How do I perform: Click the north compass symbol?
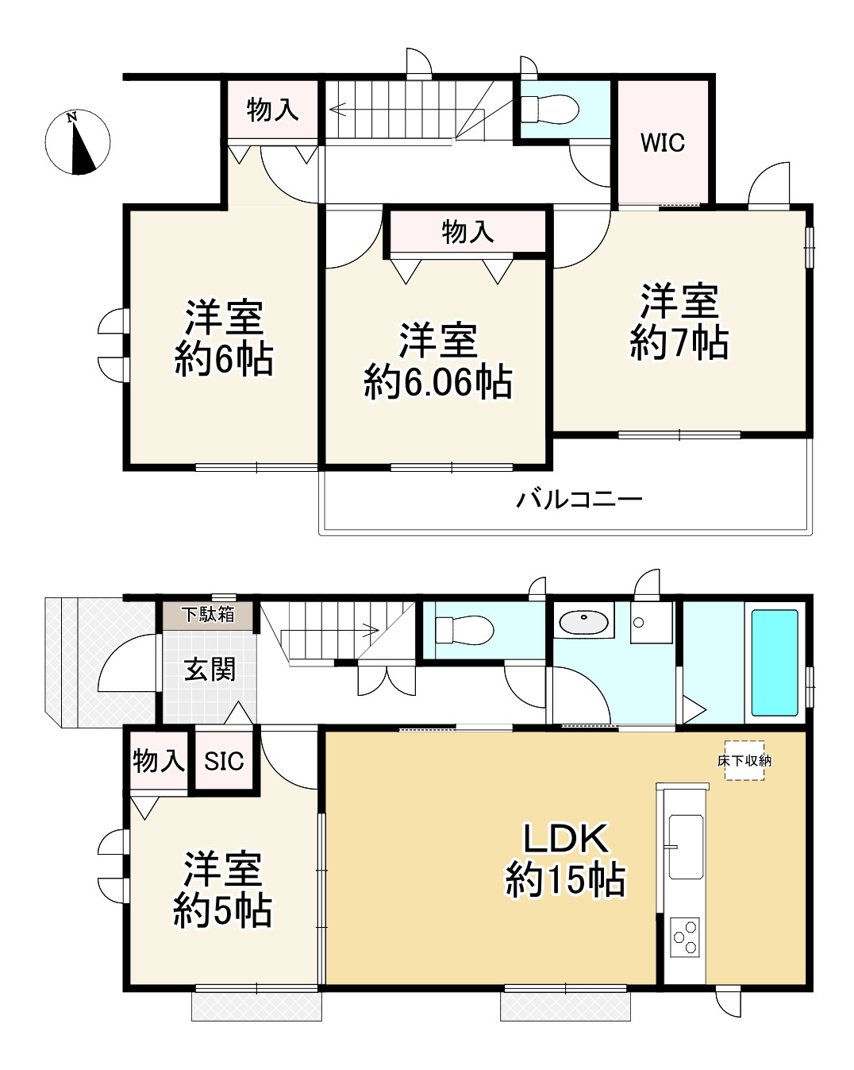tap(78, 142)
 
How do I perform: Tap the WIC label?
tap(662, 143)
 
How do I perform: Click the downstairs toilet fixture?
tap(464, 630)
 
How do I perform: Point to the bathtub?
tap(775, 662)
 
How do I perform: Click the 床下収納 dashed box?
tap(744, 760)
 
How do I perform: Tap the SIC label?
tap(224, 761)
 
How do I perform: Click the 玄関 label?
tap(210, 670)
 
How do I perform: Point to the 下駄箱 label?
tap(208, 615)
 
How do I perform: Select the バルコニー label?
tap(579, 499)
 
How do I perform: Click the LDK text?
tap(566, 839)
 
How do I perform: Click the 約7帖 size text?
tap(679, 342)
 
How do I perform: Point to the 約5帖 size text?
tap(222, 912)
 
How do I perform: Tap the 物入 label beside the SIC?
tap(159, 760)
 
